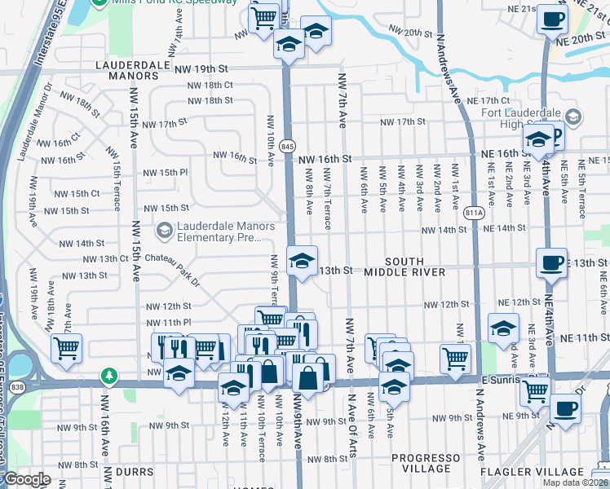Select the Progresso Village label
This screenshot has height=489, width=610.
click(x=422, y=463)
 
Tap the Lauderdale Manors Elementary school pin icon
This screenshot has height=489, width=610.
click(x=164, y=231)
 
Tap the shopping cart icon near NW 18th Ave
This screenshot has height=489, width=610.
click(x=66, y=349)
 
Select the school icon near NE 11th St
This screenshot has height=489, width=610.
click(x=503, y=328)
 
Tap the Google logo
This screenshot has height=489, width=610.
click(x=27, y=480)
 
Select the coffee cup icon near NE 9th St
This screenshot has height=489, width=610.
click(x=565, y=409)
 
